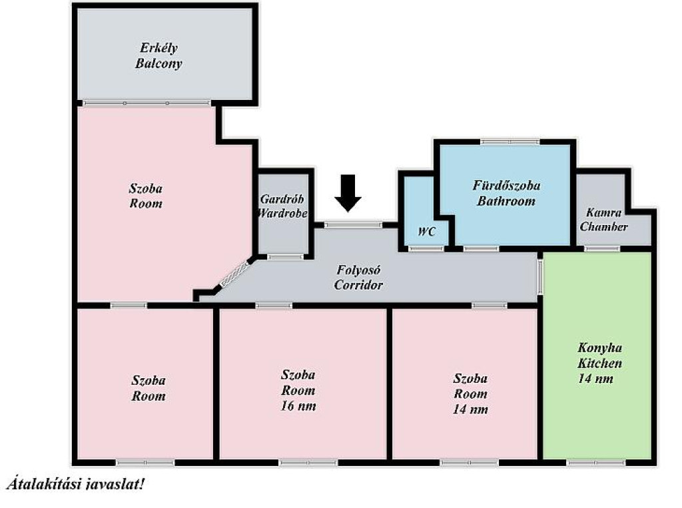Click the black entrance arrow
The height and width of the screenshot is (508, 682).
tap(348, 193)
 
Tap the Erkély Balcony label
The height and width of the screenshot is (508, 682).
tap(159, 56)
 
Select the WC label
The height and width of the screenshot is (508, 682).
tap(426, 232)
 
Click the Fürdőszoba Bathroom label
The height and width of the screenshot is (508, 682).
tap(506, 193)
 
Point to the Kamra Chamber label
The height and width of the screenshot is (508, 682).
tap(603, 220)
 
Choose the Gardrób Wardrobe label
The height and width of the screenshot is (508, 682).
tap(282, 206)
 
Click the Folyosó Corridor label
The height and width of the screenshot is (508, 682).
tap(358, 278)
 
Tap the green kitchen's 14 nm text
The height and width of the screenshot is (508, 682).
tap(595, 379)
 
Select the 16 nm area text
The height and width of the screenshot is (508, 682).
tap(298, 406)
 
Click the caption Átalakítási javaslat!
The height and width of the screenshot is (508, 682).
tap(75, 484)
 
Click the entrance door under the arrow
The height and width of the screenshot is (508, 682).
tap(353, 225)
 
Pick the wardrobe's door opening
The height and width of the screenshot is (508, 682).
tap(285, 257)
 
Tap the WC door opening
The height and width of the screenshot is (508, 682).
tap(427, 249)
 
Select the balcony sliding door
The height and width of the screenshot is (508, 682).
tap(147, 103)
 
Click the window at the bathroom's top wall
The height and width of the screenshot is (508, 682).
tap(510, 142)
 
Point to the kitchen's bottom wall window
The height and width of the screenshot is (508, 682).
tap(596, 463)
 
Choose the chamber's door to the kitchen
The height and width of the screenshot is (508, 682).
tap(601, 249)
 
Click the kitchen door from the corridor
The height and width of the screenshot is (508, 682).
tap(539, 276)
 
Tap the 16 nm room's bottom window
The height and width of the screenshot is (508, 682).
tap(308, 463)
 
